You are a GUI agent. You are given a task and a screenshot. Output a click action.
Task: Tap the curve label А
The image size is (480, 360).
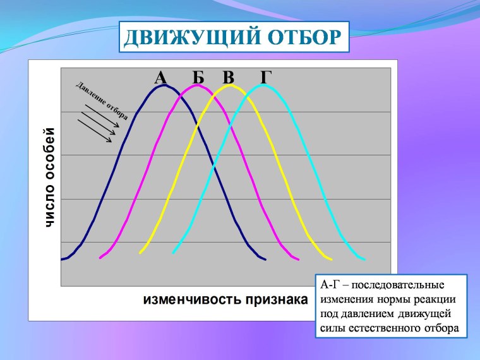[x=160, y=78]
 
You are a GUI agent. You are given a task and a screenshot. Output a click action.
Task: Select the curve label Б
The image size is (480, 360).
[x=198, y=78]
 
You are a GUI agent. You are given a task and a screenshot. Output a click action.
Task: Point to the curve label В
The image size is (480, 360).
[x=229, y=78]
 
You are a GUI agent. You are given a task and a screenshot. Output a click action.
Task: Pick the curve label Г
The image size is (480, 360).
[x=267, y=78]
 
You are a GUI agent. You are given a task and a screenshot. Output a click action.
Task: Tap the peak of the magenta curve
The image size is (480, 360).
[x=198, y=85]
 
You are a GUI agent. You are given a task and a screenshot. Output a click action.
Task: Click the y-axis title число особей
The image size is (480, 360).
[x=49, y=178]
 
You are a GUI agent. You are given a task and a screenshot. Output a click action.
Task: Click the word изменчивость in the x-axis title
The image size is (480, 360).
[x=189, y=299]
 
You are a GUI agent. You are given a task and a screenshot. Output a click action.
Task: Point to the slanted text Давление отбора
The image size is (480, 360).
[x=102, y=100]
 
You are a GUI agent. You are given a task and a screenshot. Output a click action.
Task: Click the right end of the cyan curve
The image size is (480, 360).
[x=364, y=258]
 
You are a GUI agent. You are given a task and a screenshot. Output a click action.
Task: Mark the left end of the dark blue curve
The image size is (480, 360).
[x=62, y=259]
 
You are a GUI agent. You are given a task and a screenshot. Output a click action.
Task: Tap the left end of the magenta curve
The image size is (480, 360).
[x=100, y=258]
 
